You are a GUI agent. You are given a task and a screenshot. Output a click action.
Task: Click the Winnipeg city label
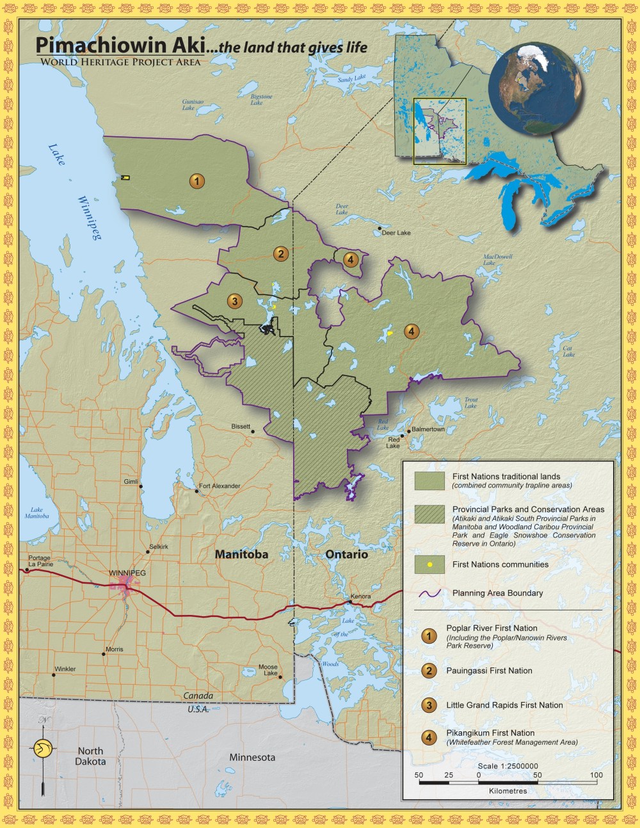pyautogui.click(x=127, y=573)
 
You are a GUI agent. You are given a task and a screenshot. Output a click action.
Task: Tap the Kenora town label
pyautogui.click(x=360, y=596)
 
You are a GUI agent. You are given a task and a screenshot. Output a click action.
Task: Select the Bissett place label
pyautogui.click(x=241, y=426)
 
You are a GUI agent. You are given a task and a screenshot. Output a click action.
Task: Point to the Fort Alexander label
pyautogui.click(x=220, y=486)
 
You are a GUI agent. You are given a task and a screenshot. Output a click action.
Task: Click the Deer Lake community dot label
pyautogui.click(x=396, y=233)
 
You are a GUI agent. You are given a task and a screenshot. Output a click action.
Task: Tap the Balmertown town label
pyautogui.click(x=428, y=429)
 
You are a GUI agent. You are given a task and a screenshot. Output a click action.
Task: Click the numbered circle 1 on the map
pyautogui.click(x=197, y=181)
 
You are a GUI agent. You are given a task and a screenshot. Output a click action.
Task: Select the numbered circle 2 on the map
pyautogui.click(x=280, y=254)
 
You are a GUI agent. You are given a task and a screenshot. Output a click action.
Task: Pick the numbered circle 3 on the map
pyautogui.click(x=234, y=301)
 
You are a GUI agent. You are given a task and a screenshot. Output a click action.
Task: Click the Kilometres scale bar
pyautogui.click(x=508, y=783)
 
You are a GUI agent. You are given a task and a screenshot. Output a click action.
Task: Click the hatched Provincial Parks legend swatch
pyautogui.click(x=429, y=514)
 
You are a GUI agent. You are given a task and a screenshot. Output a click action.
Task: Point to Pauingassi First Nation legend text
pyautogui.click(x=489, y=671)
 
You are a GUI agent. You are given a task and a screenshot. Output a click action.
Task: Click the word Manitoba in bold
pyautogui.click(x=241, y=554)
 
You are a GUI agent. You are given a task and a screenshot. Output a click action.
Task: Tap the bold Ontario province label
pyautogui.click(x=347, y=554)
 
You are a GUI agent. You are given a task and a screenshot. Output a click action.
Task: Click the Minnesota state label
pyautogui.click(x=252, y=758)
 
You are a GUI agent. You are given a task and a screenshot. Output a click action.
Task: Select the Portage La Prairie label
pyautogui.click(x=39, y=561)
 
